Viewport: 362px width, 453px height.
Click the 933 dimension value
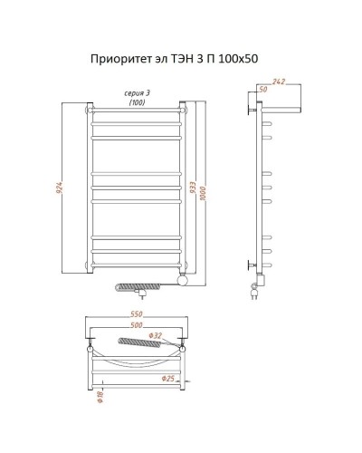195,188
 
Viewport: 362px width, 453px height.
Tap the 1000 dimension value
205,188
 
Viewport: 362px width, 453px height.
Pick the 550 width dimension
137,315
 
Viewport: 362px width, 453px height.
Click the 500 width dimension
137,325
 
